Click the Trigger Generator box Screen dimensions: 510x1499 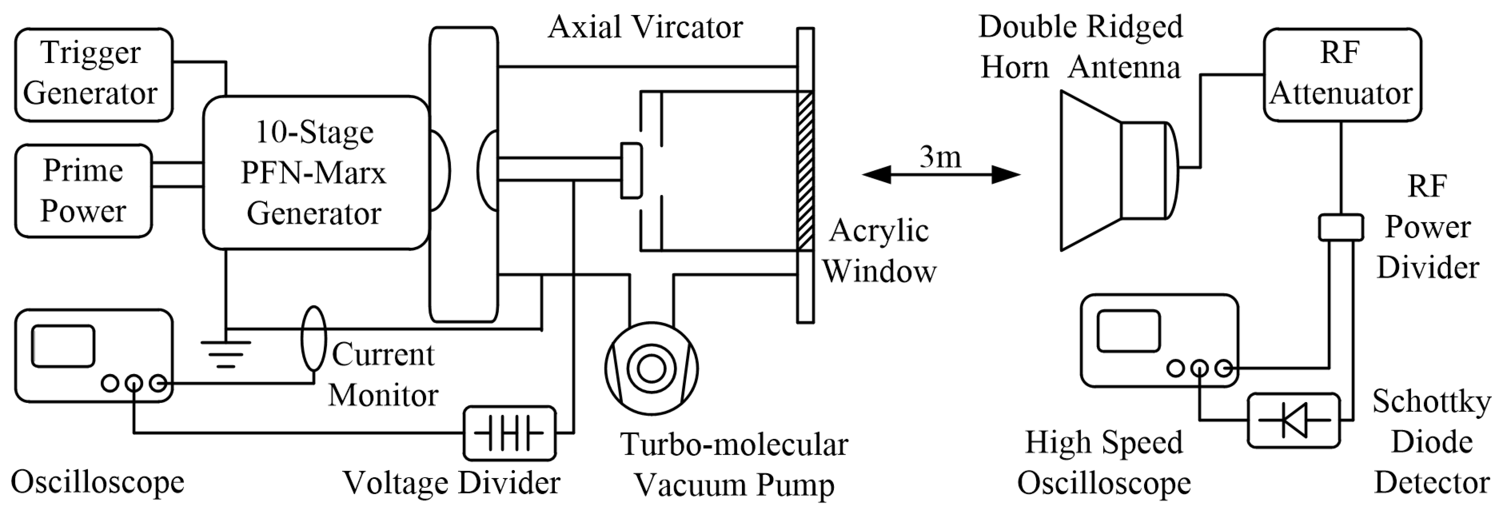(93, 74)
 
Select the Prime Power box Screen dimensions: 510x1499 (83, 191)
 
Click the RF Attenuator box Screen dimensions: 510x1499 (1341, 74)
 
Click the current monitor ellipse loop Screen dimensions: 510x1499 (313, 339)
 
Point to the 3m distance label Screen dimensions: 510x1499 (940, 157)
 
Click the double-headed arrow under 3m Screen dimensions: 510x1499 (941, 174)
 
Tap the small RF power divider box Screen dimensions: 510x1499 (1340, 227)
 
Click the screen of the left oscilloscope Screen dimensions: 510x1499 (63, 346)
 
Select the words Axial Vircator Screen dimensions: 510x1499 (645, 27)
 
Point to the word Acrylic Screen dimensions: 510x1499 (879, 230)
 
